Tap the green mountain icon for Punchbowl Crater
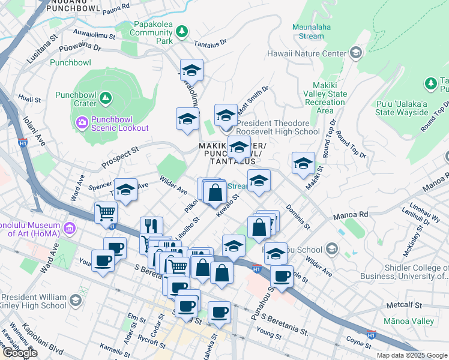(105, 97)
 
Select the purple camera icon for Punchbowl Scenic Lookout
(82, 122)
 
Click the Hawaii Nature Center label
(310, 53)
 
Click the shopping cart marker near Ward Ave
(106, 213)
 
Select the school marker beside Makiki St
(303, 163)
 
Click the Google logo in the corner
(20, 353)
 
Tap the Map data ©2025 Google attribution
(411, 355)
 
